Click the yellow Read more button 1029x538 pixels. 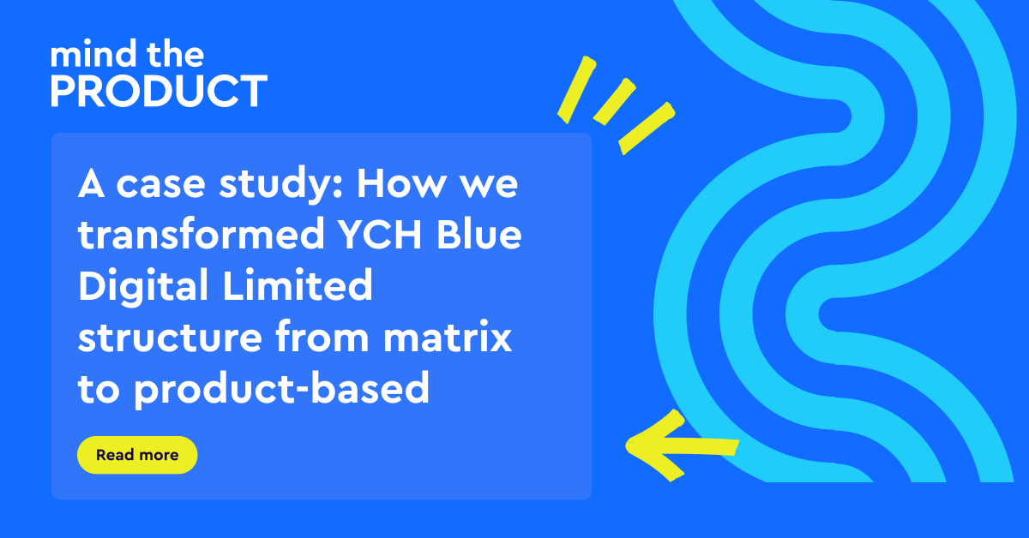pyautogui.click(x=137, y=455)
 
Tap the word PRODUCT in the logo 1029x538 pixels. pyautogui.click(x=159, y=92)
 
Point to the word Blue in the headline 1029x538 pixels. pyautogui.click(x=473, y=236)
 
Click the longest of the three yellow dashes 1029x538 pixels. pyautogui.click(x=646, y=129)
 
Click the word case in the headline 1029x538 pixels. pyautogui.click(x=155, y=185)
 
